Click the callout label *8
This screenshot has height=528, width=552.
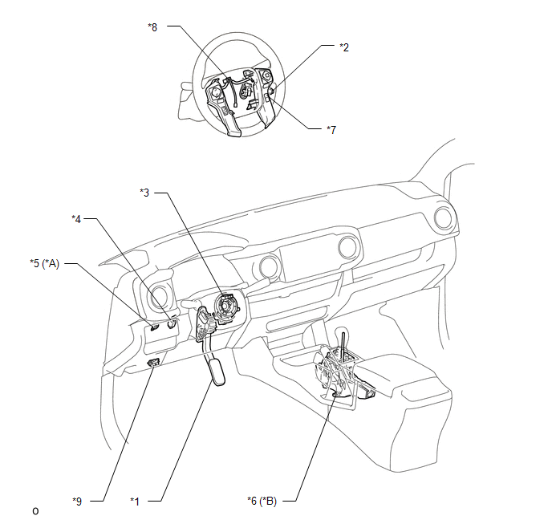point(152,27)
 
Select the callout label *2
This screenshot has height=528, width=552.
point(344,47)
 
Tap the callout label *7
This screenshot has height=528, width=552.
point(331,130)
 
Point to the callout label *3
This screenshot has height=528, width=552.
point(144,193)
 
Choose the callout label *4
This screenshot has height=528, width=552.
point(76,219)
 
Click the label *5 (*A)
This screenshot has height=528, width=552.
point(45,263)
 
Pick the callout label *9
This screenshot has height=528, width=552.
point(77,502)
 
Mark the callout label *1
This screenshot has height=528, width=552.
point(135,502)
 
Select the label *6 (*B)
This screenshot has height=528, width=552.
point(262,501)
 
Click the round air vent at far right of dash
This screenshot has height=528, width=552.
point(444,218)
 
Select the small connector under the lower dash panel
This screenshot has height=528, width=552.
point(154,362)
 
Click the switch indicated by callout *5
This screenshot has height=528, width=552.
point(154,327)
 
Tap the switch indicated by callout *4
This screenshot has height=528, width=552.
point(172,324)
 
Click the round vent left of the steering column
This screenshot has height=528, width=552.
point(158,298)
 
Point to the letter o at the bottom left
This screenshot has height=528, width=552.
point(35,511)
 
